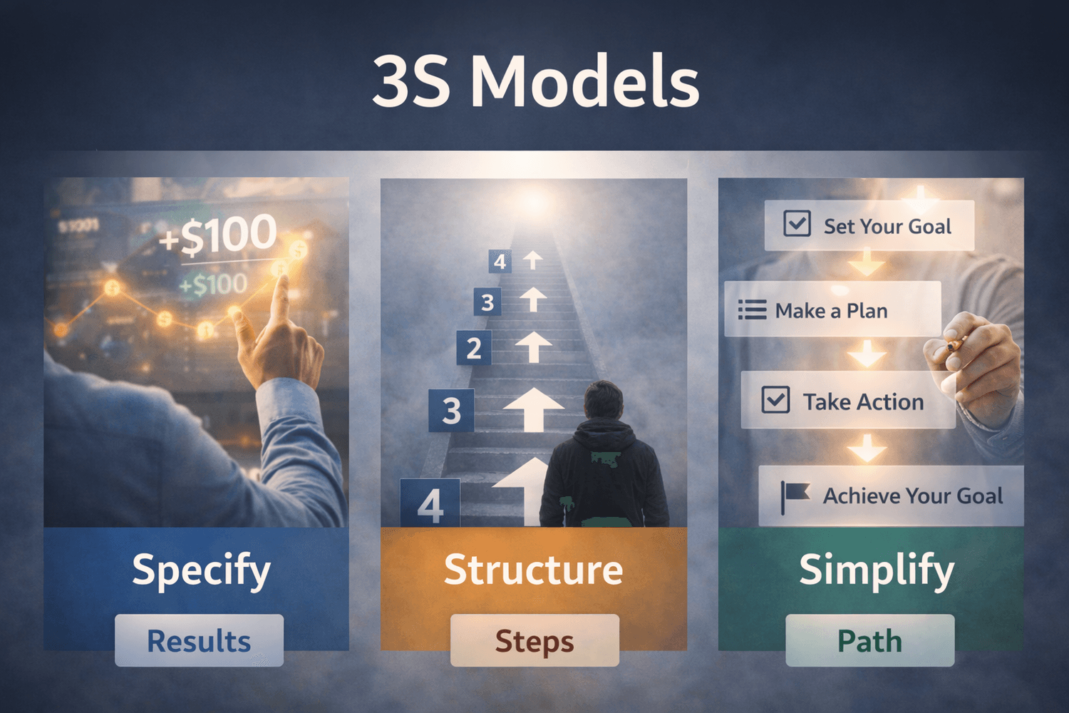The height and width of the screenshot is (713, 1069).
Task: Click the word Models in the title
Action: click(584, 82)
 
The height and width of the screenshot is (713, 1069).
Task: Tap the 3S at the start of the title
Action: click(411, 82)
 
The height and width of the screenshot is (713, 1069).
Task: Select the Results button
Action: click(199, 640)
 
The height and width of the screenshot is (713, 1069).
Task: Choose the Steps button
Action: click(534, 640)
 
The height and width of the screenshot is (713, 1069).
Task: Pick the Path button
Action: click(869, 640)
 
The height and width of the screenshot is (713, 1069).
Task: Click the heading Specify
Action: click(201, 570)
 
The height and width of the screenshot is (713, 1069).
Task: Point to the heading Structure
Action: click(533, 570)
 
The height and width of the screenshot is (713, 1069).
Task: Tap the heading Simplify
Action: click(876, 570)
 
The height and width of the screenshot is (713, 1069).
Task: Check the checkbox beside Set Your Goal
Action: click(797, 223)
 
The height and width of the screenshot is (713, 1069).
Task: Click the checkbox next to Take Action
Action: click(775, 400)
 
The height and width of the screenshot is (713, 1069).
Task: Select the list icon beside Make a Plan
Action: click(752, 310)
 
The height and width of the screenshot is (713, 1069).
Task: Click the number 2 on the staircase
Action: click(474, 349)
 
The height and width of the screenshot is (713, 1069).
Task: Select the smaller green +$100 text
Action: click(212, 284)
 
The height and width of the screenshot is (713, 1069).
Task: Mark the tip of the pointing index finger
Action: click(282, 280)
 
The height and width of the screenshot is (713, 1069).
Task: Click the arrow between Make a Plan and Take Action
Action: click(867, 353)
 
